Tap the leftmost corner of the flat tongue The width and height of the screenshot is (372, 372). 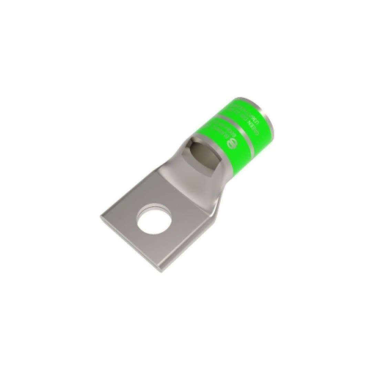coord(101,216)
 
